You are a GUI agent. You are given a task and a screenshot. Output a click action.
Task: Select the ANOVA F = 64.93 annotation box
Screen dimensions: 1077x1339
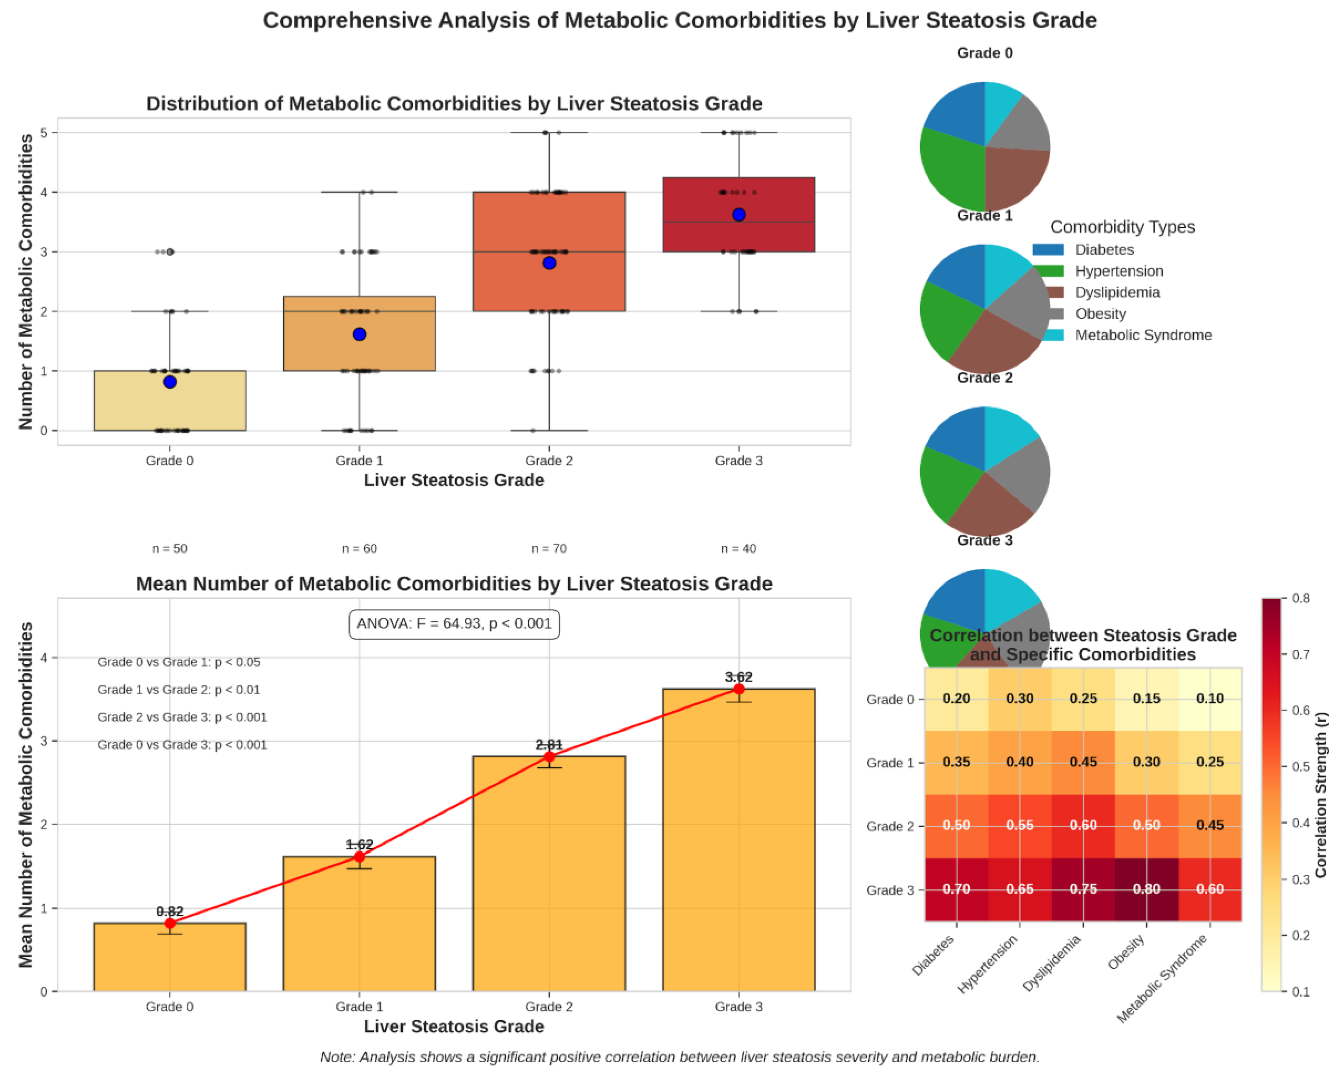click(454, 624)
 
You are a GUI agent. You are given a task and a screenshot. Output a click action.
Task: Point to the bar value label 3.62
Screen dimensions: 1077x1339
click(738, 677)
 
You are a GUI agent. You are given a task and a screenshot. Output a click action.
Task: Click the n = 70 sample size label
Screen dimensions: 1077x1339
click(549, 548)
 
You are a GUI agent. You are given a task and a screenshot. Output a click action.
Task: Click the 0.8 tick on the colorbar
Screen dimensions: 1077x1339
click(1301, 599)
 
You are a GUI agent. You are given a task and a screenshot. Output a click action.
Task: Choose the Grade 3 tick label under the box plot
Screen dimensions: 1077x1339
click(738, 461)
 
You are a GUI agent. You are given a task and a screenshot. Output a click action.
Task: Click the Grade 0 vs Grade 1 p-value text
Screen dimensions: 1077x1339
click(179, 662)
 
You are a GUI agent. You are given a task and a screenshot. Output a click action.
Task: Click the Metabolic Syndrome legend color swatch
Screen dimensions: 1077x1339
click(1048, 335)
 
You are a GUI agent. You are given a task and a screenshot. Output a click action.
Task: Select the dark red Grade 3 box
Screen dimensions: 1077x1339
click(738, 214)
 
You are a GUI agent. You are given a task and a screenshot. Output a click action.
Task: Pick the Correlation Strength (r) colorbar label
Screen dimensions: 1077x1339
click(1320, 795)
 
